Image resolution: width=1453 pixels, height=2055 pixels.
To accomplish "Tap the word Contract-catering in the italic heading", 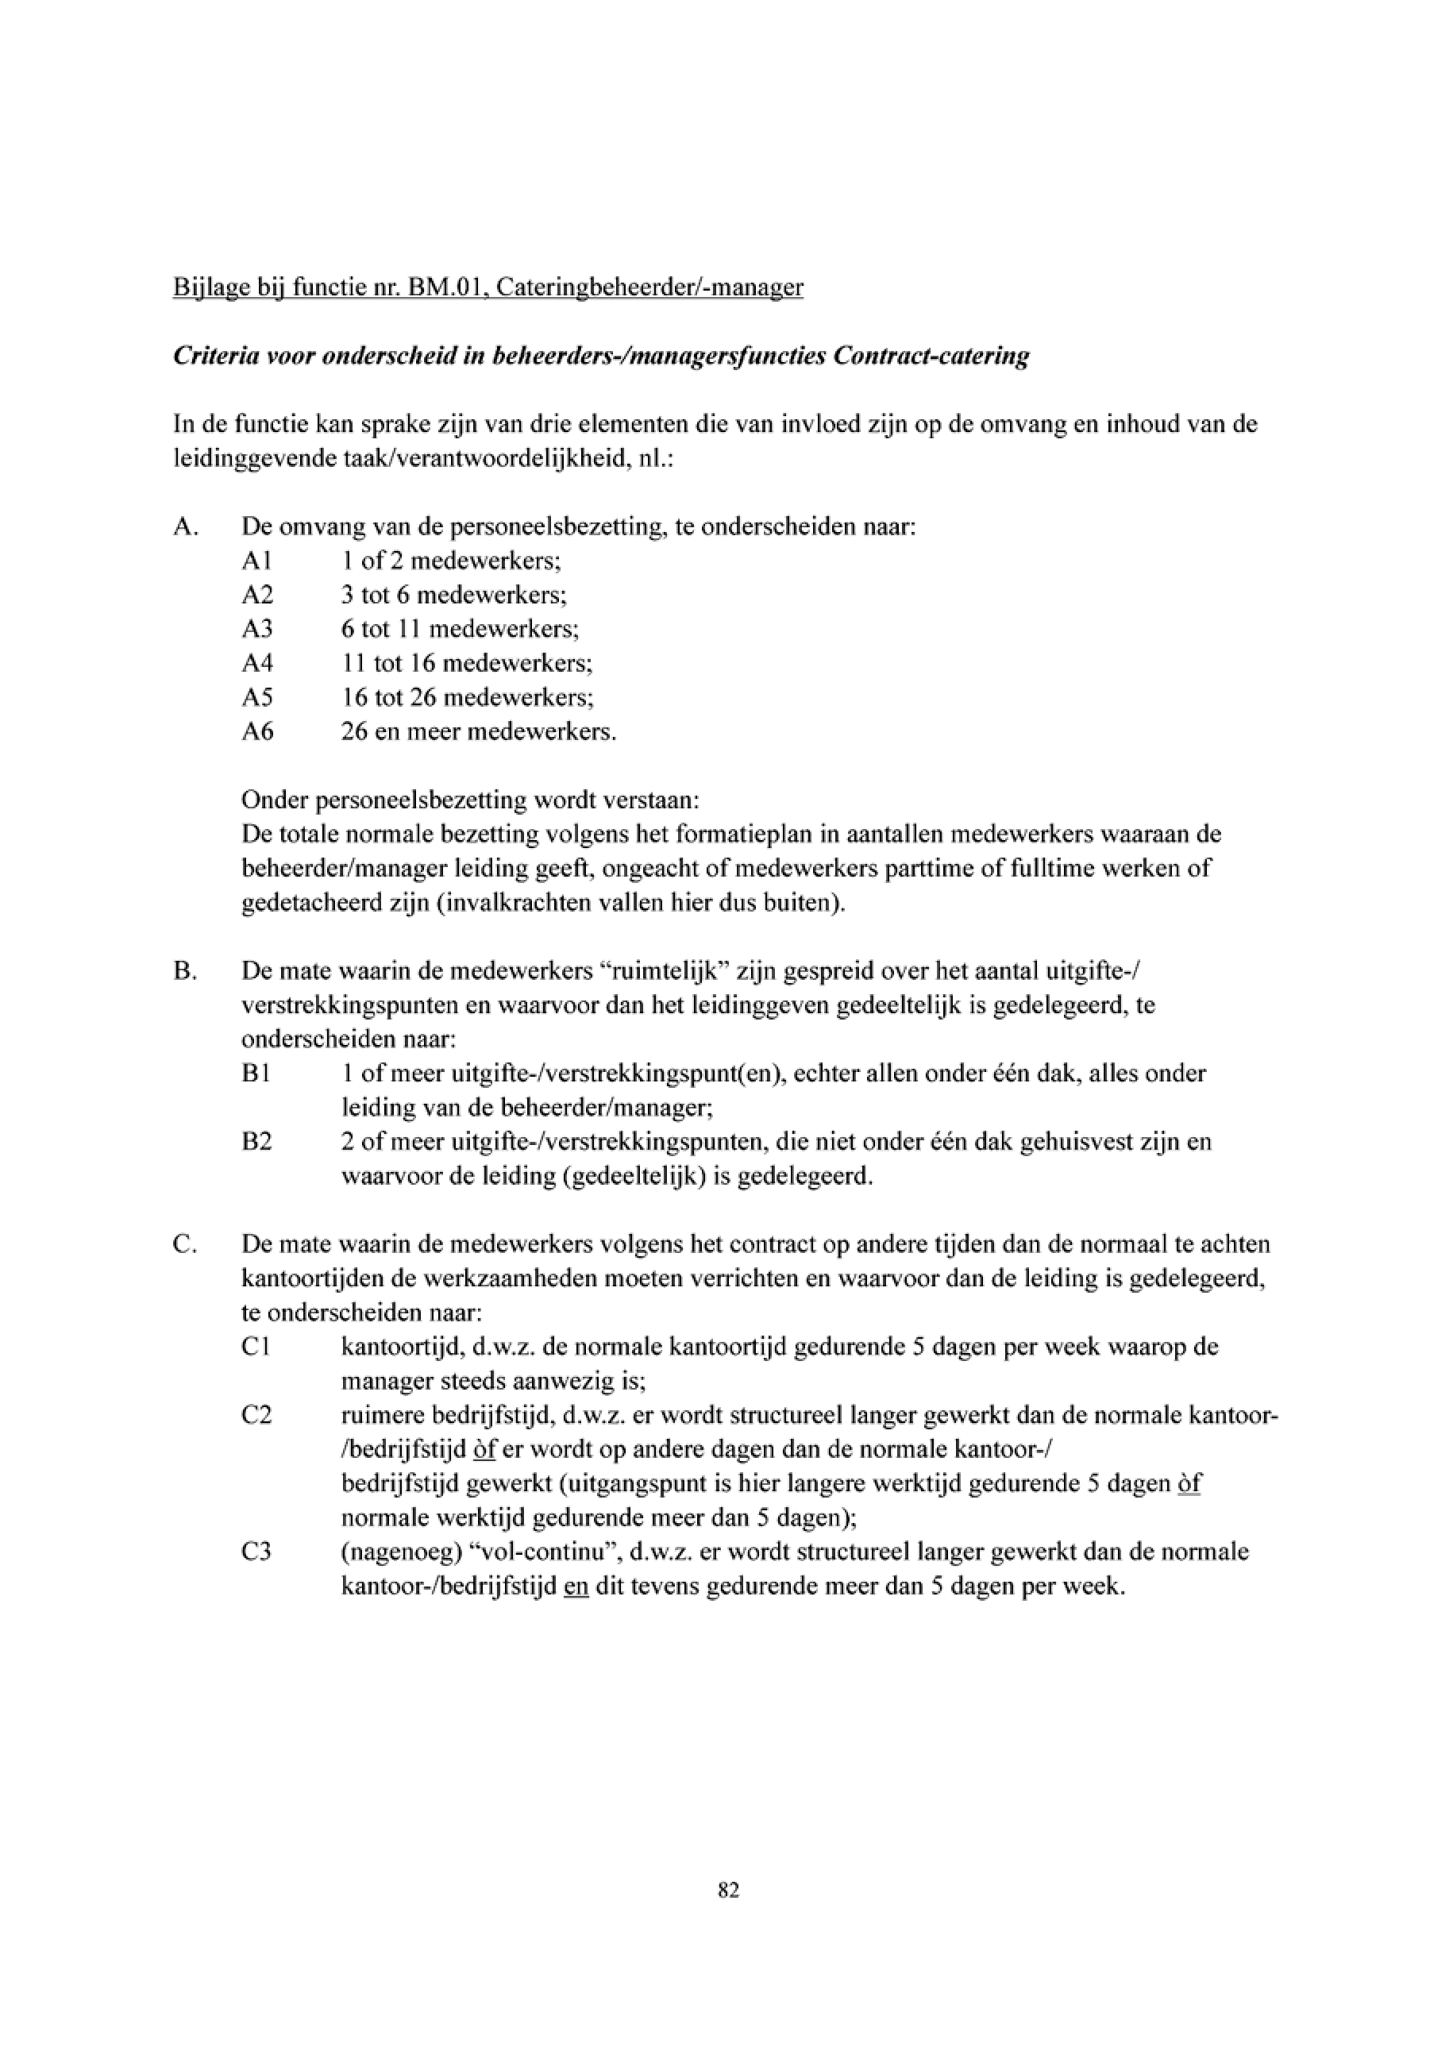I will click(931, 357).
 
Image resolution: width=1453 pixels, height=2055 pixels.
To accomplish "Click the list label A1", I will click(256, 561).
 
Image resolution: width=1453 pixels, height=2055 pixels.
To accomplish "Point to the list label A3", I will click(256, 629).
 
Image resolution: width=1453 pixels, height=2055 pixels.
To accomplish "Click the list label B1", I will click(256, 1073).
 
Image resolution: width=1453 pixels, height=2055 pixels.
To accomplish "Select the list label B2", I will click(256, 1142).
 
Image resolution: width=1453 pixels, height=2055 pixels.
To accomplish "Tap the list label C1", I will click(256, 1347).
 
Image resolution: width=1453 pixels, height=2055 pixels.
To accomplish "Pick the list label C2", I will click(256, 1415).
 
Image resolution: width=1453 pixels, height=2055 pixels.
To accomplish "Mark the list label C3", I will click(256, 1551).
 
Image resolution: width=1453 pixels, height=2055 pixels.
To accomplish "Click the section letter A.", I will click(184, 527).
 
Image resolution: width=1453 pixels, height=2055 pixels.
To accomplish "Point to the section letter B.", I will click(184, 971).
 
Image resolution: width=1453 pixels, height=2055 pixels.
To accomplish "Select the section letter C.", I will click(184, 1244).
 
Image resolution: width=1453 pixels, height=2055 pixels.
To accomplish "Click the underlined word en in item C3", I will click(576, 1586).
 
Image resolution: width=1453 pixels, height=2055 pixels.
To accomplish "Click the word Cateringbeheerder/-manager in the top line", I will click(649, 287).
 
